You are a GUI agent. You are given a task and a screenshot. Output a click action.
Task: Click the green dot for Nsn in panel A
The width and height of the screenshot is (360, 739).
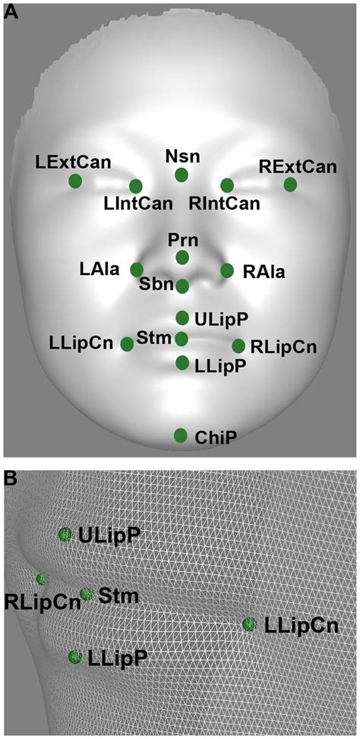pos(182,175)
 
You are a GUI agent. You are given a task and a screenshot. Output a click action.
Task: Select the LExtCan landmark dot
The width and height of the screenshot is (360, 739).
pos(75,181)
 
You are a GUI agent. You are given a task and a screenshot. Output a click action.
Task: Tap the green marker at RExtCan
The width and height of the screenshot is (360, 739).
pos(291,185)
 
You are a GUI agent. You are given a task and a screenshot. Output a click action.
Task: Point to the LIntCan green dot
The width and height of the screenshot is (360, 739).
pos(136,186)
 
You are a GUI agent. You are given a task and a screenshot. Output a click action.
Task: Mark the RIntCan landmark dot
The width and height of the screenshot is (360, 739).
pos(227,185)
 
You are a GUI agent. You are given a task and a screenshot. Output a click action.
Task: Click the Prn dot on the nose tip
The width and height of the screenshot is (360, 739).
pos(182,257)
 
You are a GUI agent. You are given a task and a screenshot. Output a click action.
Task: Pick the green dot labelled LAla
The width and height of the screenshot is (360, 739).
pos(137,270)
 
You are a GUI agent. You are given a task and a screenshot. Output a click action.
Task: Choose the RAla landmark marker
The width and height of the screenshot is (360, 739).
pos(227,270)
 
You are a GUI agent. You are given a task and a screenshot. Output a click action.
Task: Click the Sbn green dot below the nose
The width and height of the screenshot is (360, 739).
pos(182,286)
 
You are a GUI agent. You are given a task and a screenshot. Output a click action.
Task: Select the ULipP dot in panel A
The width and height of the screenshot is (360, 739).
pos(182,318)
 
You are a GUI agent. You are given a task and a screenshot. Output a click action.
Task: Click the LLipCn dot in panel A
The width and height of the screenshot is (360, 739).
pos(127,344)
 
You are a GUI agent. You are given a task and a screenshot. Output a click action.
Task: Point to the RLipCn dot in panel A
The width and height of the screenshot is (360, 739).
pos(238,346)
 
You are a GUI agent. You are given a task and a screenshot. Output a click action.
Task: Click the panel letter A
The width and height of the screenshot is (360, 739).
pos(11,11)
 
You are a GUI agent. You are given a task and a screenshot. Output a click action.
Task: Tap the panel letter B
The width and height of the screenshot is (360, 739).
pos(11,478)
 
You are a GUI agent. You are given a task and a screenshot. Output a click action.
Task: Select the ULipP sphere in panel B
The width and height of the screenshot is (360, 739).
pos(65,535)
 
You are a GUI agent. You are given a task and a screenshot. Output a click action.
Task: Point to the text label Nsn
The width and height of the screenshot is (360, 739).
pos(182,156)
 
